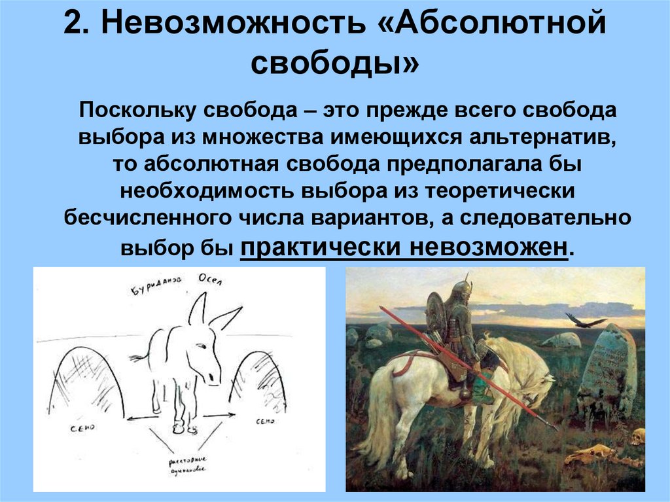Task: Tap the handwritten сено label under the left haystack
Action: click(82, 427)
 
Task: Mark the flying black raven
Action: click(584, 321)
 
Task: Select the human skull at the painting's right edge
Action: click(637, 436)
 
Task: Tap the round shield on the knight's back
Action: click(436, 314)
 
